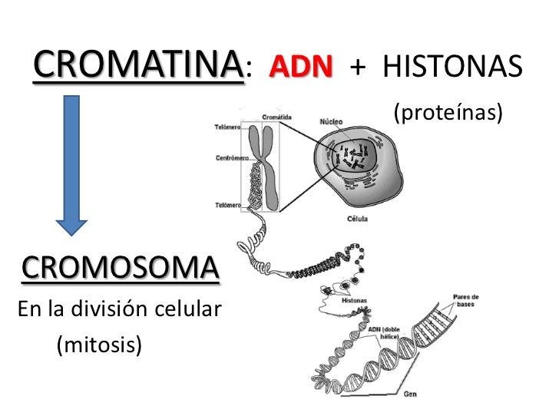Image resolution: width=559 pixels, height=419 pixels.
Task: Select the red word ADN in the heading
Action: [x=301, y=68]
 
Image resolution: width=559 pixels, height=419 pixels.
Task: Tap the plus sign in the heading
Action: [x=357, y=68]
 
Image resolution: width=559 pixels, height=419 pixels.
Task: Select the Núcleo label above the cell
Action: [x=331, y=121]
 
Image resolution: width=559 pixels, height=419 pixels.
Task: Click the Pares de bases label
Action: [x=465, y=300]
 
